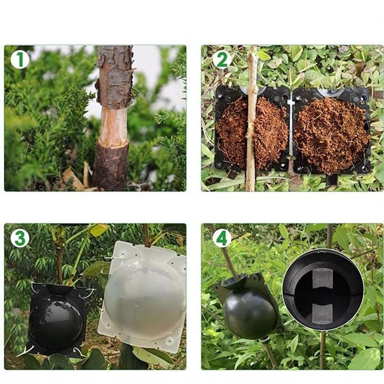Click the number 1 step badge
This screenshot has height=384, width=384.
tap(20, 59)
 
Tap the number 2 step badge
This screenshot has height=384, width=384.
tap(222, 59)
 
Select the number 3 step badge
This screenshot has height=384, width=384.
tap(20, 238)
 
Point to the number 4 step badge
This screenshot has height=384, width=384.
tap(222, 238)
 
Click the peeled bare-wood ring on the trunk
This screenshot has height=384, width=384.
tap(114, 126)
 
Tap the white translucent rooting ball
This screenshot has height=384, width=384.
tap(144, 297)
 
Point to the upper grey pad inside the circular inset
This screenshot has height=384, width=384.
tap(322, 278)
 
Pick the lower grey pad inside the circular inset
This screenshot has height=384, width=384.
tap(322, 314)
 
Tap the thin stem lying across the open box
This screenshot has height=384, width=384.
tap(251, 118)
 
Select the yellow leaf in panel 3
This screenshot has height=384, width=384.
tap(99, 230)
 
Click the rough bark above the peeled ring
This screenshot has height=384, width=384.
tap(115, 76)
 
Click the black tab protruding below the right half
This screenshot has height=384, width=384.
tap(331, 180)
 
